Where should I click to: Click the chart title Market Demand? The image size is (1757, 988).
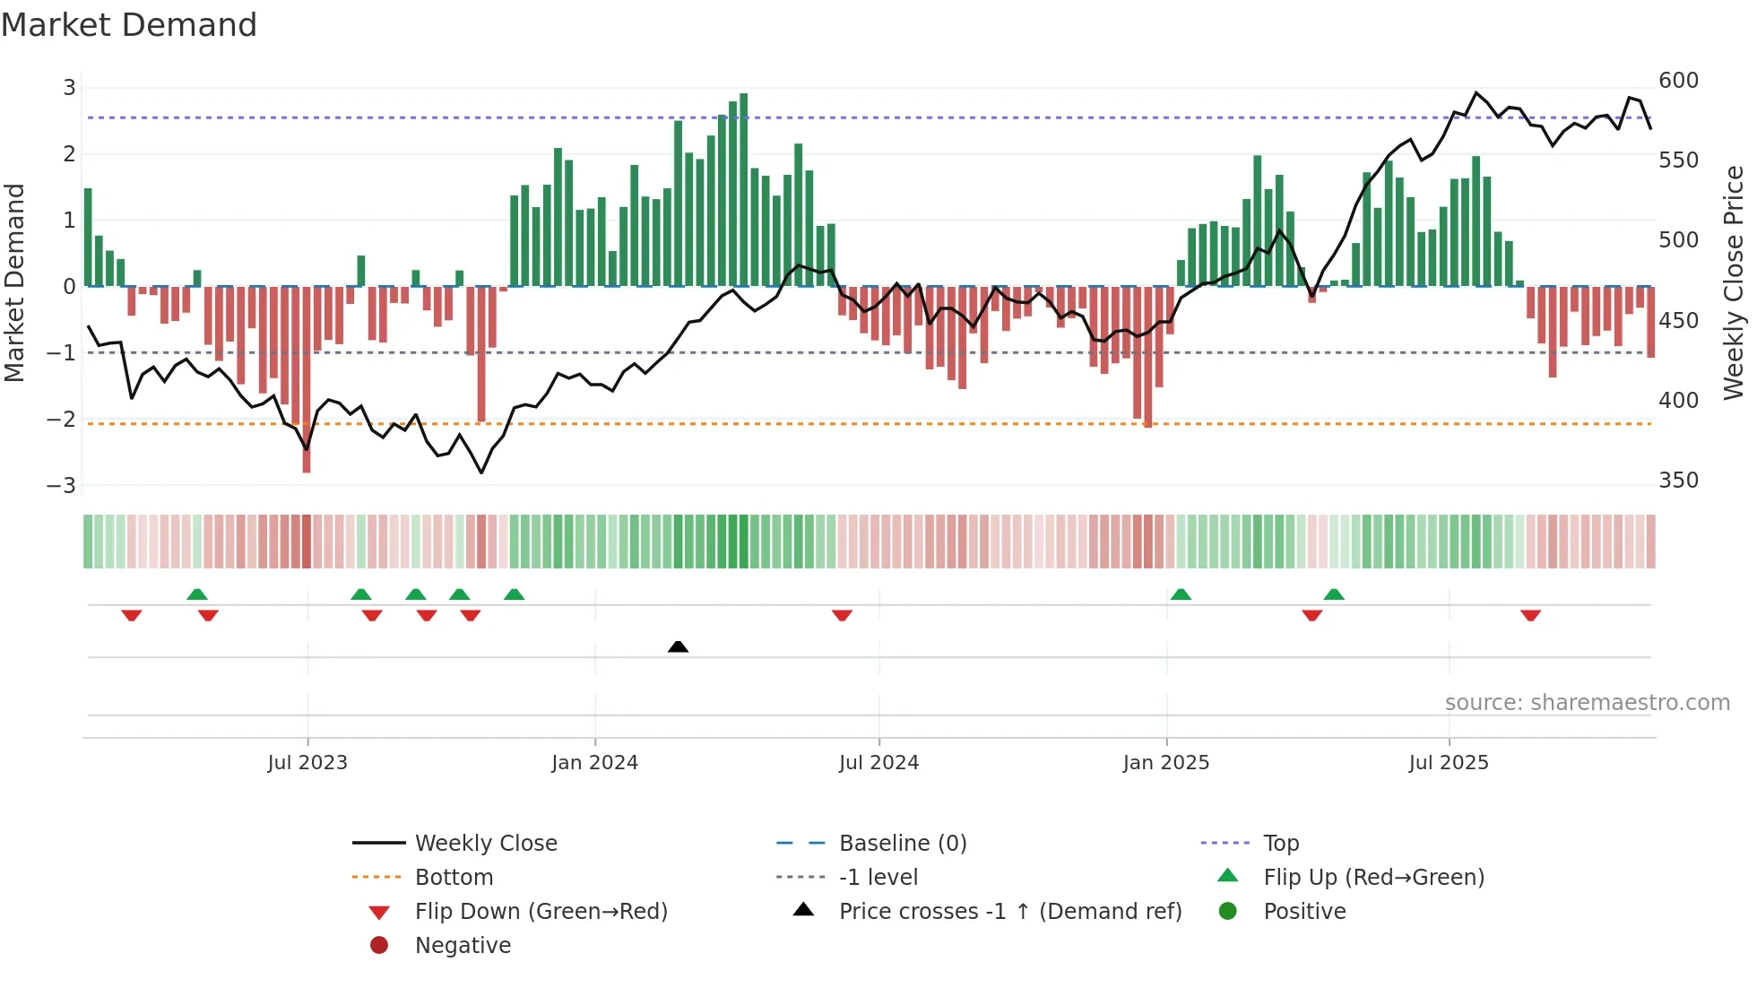click(x=129, y=25)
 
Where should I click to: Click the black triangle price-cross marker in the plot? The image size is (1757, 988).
click(x=679, y=646)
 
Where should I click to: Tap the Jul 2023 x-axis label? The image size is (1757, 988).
click(x=307, y=763)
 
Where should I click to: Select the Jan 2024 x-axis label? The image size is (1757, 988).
click(x=594, y=763)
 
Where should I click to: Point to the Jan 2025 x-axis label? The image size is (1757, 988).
click(x=1165, y=763)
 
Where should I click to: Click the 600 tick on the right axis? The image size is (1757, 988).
click(x=1678, y=81)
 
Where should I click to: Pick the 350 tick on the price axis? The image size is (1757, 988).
click(x=1678, y=481)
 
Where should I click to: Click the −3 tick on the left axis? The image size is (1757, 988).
click(x=62, y=486)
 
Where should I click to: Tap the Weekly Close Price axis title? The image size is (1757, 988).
click(x=1735, y=282)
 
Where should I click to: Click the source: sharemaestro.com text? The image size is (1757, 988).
click(x=1587, y=703)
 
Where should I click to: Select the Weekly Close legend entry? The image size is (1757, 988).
click(x=485, y=844)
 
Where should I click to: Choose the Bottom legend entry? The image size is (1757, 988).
click(x=454, y=878)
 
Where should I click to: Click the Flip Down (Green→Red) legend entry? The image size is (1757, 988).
click(x=541, y=912)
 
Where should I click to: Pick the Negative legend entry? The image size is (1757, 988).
click(x=463, y=946)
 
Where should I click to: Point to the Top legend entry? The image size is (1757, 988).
click(x=1280, y=844)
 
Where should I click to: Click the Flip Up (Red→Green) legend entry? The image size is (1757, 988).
click(x=1373, y=878)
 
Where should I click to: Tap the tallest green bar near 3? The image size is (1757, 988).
click(x=744, y=188)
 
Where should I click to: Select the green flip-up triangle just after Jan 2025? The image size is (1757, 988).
click(x=1181, y=594)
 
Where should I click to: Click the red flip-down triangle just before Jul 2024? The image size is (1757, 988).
click(x=842, y=615)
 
